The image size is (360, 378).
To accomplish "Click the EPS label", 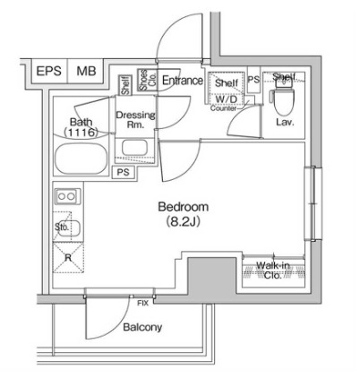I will click(x=48, y=72).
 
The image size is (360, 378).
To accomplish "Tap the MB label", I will click(x=86, y=72).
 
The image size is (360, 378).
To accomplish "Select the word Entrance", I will click(x=182, y=81).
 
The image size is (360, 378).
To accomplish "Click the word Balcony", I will click(x=141, y=327).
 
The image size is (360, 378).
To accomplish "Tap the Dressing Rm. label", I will click(x=135, y=120).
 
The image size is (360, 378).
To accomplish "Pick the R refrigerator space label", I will click(x=67, y=256).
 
